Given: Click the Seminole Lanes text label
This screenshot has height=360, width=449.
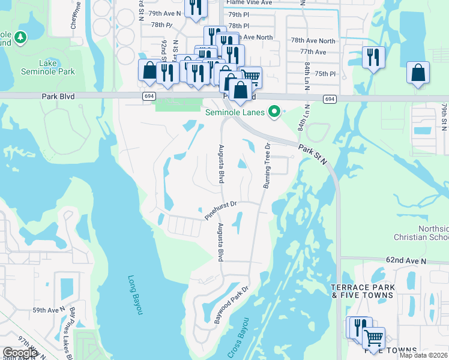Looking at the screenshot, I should pyautogui.click(x=235, y=112).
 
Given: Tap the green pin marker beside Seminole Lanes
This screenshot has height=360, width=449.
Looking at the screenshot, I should pyautogui.click(x=274, y=112).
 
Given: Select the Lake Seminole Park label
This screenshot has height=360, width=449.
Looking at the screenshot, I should pyautogui.click(x=57, y=67).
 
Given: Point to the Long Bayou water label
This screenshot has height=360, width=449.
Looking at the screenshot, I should pyautogui.click(x=136, y=295).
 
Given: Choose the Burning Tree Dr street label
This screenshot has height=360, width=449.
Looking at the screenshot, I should pyautogui.click(x=268, y=166).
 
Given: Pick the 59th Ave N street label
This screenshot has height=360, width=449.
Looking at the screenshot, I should pyautogui.click(x=49, y=310).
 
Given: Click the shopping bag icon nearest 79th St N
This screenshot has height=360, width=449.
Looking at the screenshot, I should pyautogui.click(x=418, y=73).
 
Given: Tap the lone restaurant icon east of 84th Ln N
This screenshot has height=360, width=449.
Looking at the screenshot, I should pyautogui.click(x=373, y=58).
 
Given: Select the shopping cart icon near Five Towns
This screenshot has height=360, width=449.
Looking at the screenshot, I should pyautogui.click(x=374, y=338).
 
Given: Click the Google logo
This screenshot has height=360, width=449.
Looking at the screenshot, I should pyautogui.click(x=20, y=353).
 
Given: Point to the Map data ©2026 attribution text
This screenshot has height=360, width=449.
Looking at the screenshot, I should pyautogui.click(x=423, y=355).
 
